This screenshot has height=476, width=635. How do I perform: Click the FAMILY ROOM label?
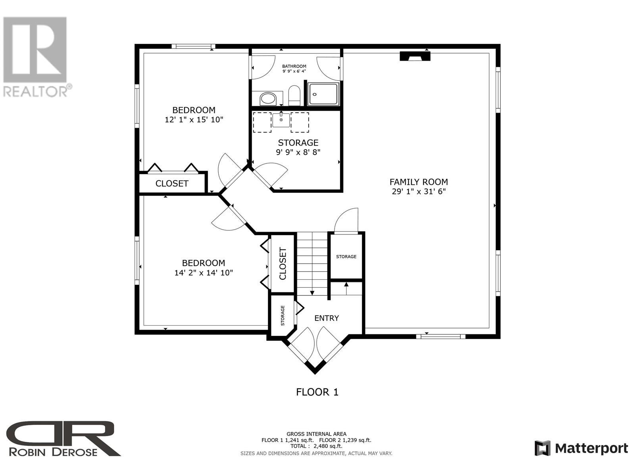point(419,182)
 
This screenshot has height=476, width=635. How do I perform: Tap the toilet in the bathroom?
point(294,95)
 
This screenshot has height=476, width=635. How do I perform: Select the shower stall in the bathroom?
point(323,94)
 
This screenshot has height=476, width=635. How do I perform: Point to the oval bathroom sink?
point(268,99)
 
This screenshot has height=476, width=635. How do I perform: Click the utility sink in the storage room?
point(281,120)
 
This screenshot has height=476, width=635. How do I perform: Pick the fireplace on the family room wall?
point(415,56)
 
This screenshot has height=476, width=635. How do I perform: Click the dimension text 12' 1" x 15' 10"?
point(194,120)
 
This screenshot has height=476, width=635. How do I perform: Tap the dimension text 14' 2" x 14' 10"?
point(203,273)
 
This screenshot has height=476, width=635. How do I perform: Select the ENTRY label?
point(326,318)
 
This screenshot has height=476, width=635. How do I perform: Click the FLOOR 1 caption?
point(317,392)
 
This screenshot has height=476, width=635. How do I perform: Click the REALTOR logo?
point(36,57)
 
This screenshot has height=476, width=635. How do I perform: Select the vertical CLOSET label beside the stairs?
point(283,263)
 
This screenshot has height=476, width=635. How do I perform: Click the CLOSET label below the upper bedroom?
point(172,184)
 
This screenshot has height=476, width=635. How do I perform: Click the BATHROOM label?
point(294,66)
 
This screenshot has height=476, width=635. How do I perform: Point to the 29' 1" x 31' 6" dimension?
point(419,191)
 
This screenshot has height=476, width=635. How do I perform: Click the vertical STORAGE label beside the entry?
point(283,316)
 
